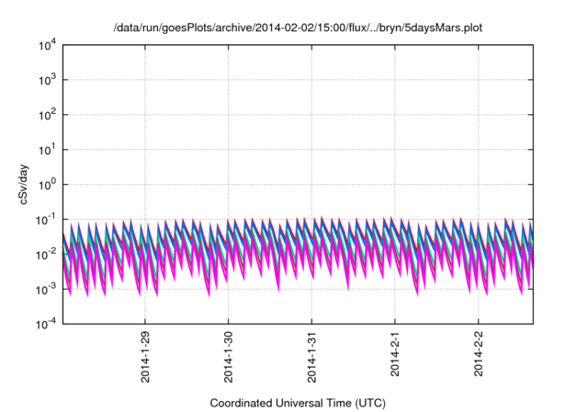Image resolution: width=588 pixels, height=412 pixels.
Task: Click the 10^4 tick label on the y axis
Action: (x=48, y=45)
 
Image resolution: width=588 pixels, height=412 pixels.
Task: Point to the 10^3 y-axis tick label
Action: (x=48, y=80)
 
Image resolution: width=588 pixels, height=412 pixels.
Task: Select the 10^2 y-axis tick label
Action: (x=48, y=115)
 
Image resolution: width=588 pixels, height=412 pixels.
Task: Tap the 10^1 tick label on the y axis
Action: (x=48, y=149)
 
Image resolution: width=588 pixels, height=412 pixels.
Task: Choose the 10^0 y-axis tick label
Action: (x=48, y=184)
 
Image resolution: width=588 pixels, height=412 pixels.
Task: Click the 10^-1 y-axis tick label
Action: (x=46, y=219)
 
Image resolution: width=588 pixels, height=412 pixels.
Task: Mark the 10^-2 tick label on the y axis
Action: (x=46, y=254)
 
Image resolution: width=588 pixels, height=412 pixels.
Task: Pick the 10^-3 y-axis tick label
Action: (x=46, y=289)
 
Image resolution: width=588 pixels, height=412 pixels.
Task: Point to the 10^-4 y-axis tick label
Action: (x=46, y=324)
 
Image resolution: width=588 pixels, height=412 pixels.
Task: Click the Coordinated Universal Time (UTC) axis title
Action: (x=297, y=403)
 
